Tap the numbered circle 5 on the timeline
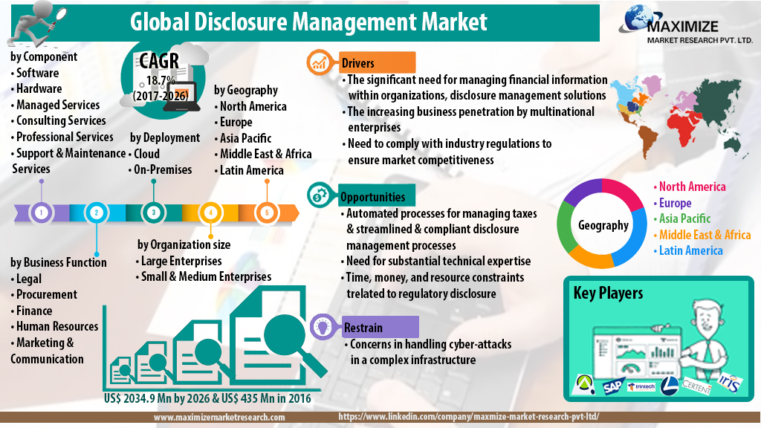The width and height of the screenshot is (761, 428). (x=267, y=213)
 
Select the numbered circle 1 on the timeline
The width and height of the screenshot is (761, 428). (x=42, y=213)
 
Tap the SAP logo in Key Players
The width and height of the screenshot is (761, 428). (x=612, y=386)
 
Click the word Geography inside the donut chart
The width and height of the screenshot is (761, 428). (x=603, y=225)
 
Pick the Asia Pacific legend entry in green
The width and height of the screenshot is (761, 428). (x=684, y=218)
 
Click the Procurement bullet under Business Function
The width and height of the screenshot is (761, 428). (x=44, y=295)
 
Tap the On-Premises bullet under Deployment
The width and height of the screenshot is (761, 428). (x=162, y=169)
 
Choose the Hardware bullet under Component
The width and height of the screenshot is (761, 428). (x=41, y=88)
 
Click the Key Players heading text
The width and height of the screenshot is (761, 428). (x=608, y=293)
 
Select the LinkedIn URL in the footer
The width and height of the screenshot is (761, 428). (x=468, y=418)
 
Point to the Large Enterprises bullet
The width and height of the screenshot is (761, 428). (x=181, y=261)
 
